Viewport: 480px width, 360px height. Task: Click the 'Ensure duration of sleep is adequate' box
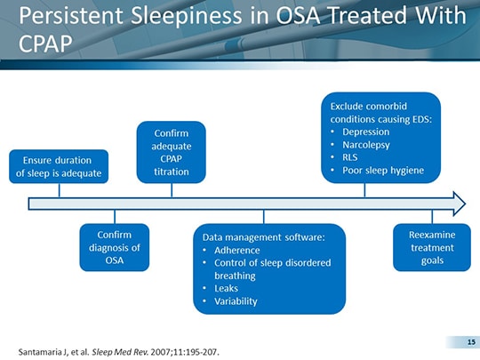point(59,166)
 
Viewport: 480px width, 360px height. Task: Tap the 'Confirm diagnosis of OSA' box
point(114,247)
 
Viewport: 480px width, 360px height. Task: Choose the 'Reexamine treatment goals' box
point(432,247)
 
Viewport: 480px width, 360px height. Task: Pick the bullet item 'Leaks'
point(227,288)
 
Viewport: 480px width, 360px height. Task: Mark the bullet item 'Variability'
point(236,301)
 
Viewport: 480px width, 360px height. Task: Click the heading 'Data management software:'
point(264,237)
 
